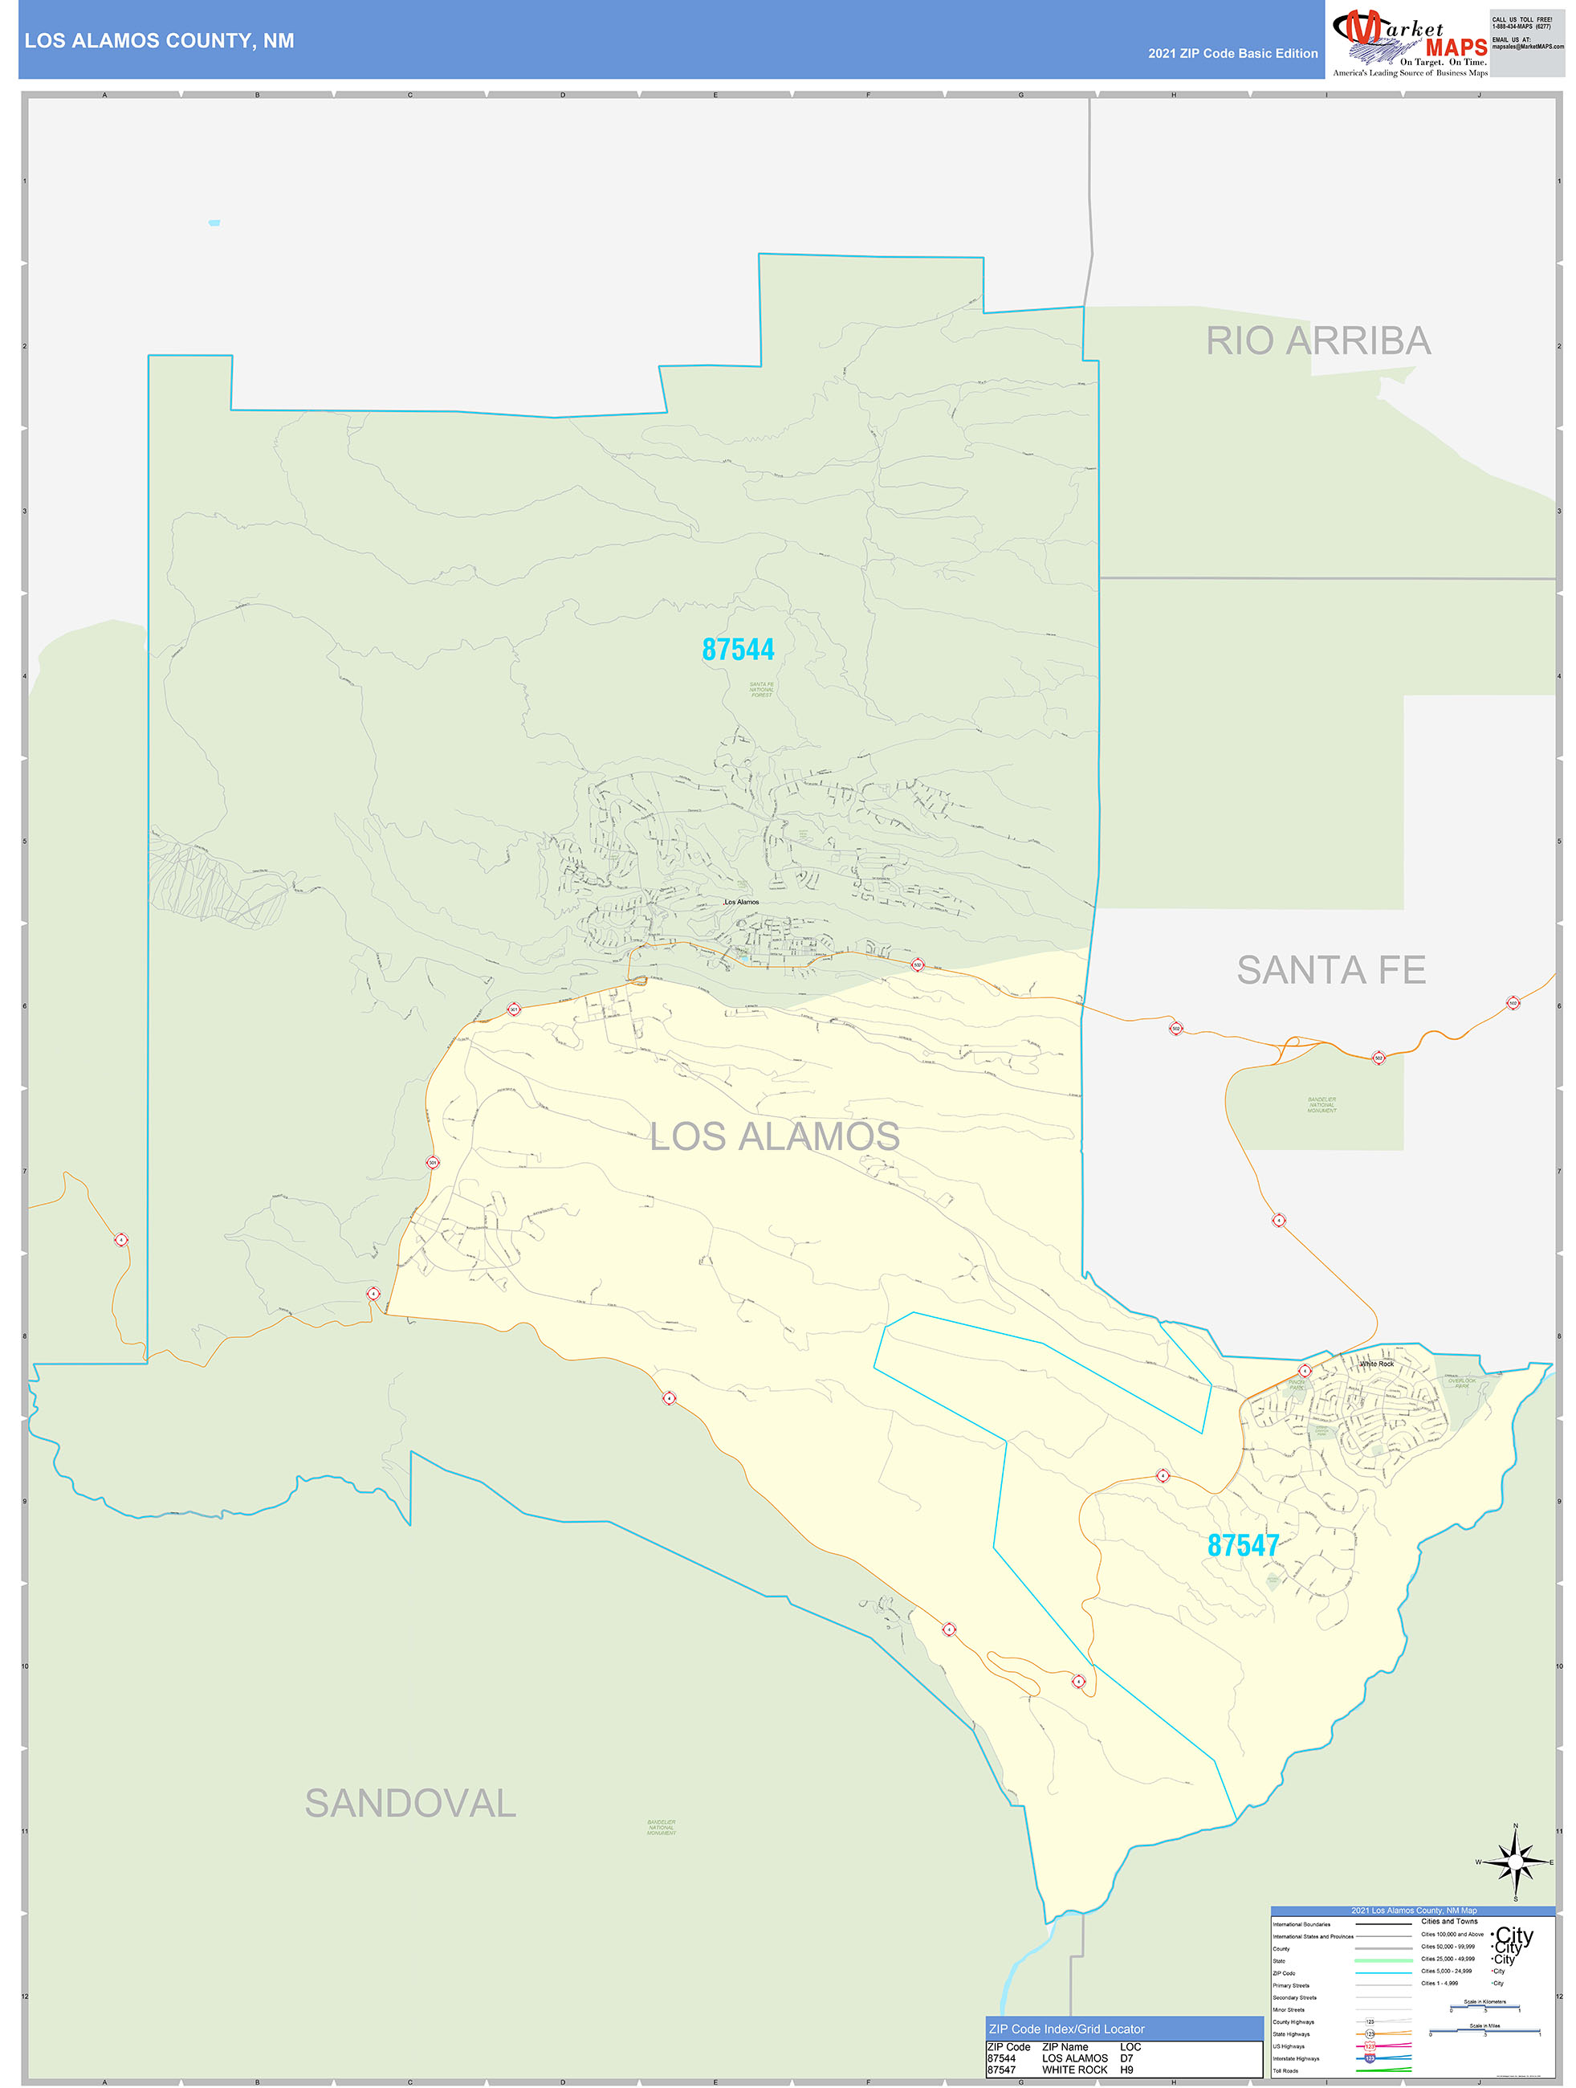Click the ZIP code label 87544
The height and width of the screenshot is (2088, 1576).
pyautogui.click(x=738, y=650)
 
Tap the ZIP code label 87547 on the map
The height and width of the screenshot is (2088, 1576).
pyautogui.click(x=1243, y=1545)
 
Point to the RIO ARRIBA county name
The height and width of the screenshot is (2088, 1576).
pyautogui.click(x=1317, y=341)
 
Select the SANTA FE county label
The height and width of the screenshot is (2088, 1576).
pyautogui.click(x=1330, y=969)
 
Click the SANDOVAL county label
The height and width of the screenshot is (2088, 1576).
pyautogui.click(x=410, y=1804)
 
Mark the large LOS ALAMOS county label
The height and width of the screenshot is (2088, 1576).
pyautogui.click(x=774, y=1136)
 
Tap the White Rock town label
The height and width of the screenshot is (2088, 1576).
pyautogui.click(x=1376, y=1364)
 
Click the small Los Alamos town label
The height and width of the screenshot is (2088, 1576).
pyautogui.click(x=741, y=903)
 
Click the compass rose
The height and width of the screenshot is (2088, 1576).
pyautogui.click(x=1515, y=1862)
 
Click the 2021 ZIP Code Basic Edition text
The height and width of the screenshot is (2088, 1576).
pyautogui.click(x=1232, y=54)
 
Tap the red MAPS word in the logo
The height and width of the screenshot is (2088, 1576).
pyautogui.click(x=1456, y=47)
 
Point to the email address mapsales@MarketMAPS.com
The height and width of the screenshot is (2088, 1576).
pyautogui.click(x=1527, y=47)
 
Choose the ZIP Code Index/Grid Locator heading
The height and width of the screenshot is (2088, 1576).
pyautogui.click(x=1066, y=2029)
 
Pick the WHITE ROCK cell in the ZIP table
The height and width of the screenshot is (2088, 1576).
pyautogui.click(x=1075, y=2070)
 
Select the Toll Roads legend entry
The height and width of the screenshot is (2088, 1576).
pyautogui.click(x=1285, y=2071)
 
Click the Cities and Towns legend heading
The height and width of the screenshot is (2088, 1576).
pyautogui.click(x=1449, y=1921)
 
